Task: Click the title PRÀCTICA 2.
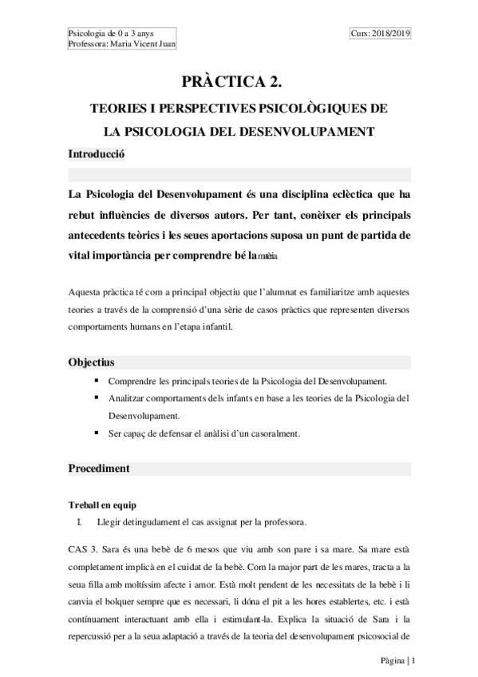[238, 81]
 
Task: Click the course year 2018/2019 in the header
[387, 33]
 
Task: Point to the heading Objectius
[91, 362]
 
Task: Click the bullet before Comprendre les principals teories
[97, 381]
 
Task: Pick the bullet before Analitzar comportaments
[97, 398]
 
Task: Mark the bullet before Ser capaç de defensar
[97, 433]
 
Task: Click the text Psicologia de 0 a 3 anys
[112, 33]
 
